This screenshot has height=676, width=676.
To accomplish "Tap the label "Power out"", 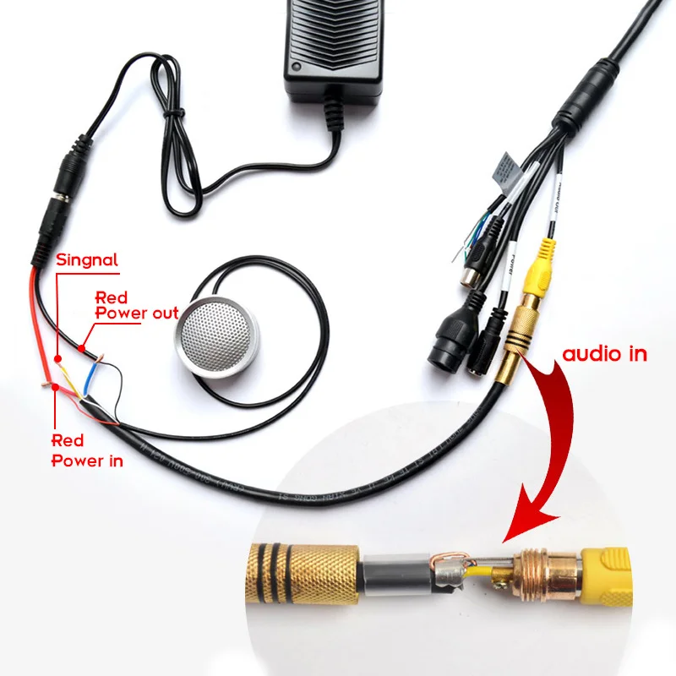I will (x=136, y=313).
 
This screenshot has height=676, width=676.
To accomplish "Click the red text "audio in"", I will (x=604, y=353).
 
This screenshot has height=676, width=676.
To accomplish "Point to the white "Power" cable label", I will (x=510, y=262).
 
